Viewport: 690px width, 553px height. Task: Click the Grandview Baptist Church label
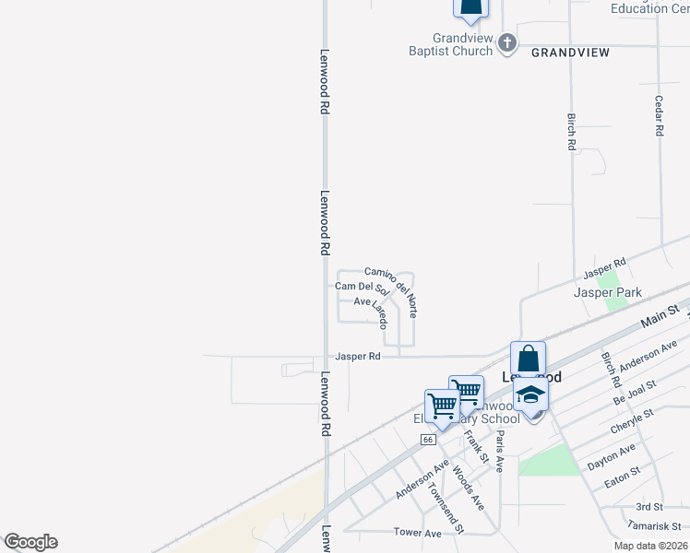(451, 45)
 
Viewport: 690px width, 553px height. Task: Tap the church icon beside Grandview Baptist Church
(507, 42)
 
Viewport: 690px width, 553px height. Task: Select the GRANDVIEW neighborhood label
(570, 53)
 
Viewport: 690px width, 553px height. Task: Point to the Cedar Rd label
(659, 116)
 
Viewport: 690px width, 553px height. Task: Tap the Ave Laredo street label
(371, 311)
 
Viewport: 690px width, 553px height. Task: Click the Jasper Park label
(608, 292)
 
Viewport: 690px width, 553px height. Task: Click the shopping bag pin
(528, 358)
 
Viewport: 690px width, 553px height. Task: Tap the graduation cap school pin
(530, 394)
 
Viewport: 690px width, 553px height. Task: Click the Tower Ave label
(417, 533)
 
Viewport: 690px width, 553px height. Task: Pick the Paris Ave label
(499, 452)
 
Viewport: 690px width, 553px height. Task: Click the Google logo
(30, 542)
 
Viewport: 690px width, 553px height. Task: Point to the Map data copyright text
(650, 546)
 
